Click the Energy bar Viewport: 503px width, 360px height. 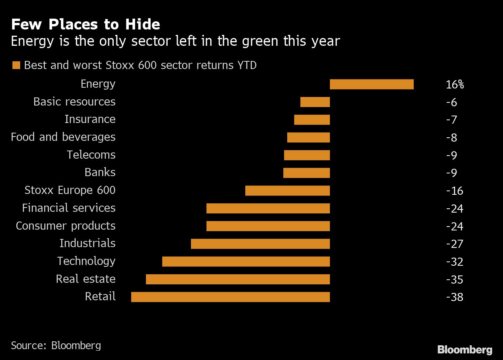pyautogui.click(x=371, y=84)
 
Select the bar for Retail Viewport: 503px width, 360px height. pyautogui.click(x=230, y=297)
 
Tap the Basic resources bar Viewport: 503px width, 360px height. pyautogui.click(x=315, y=102)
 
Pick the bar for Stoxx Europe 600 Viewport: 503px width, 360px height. pyautogui.click(x=287, y=190)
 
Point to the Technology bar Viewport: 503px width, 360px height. pyautogui.click(x=246, y=261)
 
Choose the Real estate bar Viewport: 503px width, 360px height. pyautogui.click(x=238, y=279)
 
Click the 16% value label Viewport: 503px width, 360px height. pyautogui.click(x=454, y=85)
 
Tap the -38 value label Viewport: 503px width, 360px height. pyautogui.click(x=454, y=297)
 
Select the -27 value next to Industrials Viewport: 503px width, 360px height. pyautogui.click(x=454, y=244)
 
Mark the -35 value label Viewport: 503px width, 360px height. pyautogui.click(x=454, y=279)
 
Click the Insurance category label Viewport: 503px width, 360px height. pyautogui.click(x=90, y=119)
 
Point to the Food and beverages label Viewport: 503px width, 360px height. pyautogui.click(x=63, y=137)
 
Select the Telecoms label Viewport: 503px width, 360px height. pyautogui.click(x=91, y=155)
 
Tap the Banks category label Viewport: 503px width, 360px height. pyautogui.click(x=100, y=172)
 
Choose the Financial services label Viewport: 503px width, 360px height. pyautogui.click(x=69, y=208)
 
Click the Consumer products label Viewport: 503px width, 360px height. pyautogui.click(x=66, y=226)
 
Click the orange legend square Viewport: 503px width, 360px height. pyautogui.click(x=16, y=65)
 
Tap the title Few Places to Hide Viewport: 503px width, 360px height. pyautogui.click(x=85, y=24)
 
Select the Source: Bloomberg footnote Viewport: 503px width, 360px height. pyautogui.click(x=56, y=345)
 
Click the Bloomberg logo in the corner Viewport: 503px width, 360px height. pyautogui.click(x=465, y=350)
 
